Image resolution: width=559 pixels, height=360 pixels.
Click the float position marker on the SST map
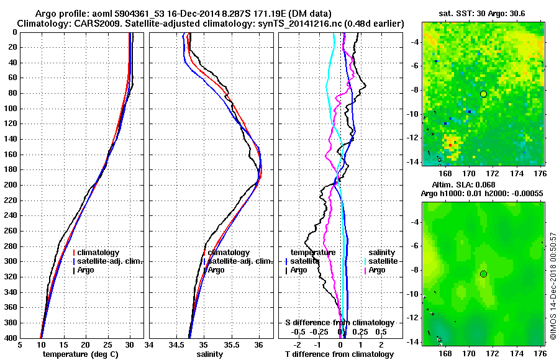tap(483, 94)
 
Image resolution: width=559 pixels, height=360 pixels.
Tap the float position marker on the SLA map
tap(483, 274)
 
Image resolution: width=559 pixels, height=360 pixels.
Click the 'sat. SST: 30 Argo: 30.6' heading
tap(483, 13)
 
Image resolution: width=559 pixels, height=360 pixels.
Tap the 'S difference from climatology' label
tap(340, 323)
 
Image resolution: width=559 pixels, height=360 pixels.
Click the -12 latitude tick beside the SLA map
tap(415, 318)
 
